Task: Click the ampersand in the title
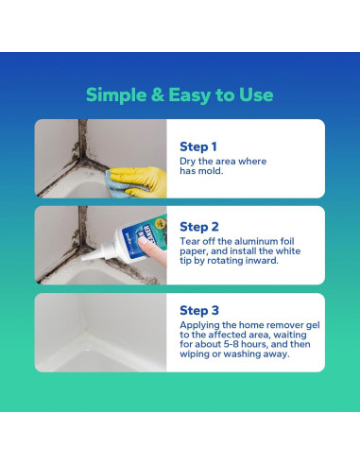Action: [158, 95]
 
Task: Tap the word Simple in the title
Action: [116, 95]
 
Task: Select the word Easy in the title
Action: [189, 95]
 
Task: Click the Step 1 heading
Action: [198, 146]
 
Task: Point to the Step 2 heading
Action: [199, 227]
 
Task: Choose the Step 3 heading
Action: [199, 310]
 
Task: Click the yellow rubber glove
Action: [140, 181]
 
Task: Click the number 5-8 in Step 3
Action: [233, 344]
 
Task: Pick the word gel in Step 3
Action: [313, 325]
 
